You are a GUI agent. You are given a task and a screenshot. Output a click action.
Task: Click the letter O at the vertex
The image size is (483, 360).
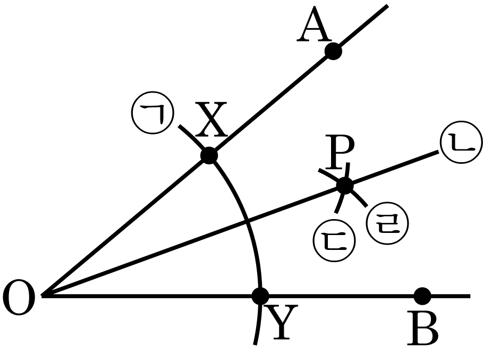(19, 297)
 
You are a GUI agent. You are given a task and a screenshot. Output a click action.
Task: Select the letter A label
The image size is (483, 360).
(314, 24)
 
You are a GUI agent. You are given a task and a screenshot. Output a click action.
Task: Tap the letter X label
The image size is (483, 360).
(211, 120)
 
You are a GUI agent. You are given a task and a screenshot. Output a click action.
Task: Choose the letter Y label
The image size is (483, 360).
(281, 322)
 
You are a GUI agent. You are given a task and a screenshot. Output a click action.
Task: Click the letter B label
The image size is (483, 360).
(422, 328)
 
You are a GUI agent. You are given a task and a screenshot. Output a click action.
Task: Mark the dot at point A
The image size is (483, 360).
(333, 51)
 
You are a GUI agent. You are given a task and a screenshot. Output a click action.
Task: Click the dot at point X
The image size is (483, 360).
(209, 155)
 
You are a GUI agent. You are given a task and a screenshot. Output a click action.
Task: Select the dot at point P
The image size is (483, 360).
(345, 186)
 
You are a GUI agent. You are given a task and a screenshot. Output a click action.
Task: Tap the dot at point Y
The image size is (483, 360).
(260, 296)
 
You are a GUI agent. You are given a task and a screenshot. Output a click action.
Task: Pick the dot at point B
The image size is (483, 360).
(422, 296)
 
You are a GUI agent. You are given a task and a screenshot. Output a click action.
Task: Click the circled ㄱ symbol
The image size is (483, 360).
(152, 113)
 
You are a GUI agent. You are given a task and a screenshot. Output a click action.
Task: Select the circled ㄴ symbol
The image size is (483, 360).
(461, 142)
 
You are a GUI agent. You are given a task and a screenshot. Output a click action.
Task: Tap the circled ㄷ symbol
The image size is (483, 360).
(334, 241)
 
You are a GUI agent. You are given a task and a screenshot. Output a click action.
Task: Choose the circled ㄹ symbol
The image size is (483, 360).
(387, 223)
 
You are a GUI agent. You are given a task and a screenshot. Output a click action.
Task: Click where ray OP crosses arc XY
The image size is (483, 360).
(247, 221)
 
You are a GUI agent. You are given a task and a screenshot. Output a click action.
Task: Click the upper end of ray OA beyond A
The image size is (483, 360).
(387, 5)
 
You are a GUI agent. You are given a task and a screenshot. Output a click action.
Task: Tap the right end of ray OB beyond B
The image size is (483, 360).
(470, 296)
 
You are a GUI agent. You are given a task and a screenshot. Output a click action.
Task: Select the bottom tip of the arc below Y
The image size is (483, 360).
(255, 344)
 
